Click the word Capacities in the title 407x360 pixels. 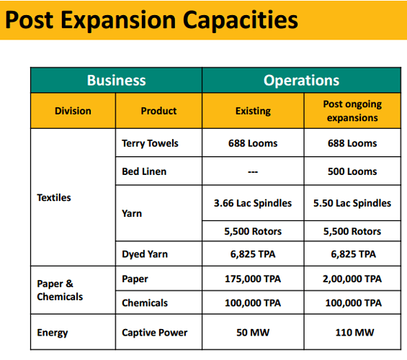[x=240, y=20]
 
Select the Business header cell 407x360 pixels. [x=116, y=80]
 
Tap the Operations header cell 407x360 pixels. [x=301, y=80]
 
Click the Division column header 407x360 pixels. [x=73, y=111]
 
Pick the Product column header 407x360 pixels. [x=158, y=111]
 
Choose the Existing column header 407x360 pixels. [x=253, y=111]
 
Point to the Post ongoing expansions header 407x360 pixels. [x=352, y=111]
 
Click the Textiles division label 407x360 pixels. [x=54, y=197]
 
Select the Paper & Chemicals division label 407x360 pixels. [x=60, y=290]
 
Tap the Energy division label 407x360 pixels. [x=53, y=333]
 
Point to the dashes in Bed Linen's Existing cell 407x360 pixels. [x=253, y=171]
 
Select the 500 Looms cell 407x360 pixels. [x=352, y=171]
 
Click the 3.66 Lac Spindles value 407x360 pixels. [x=253, y=203]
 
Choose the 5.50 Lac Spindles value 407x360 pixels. [x=352, y=203]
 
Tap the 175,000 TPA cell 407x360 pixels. [x=253, y=279]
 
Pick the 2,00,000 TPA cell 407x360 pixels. [x=352, y=279]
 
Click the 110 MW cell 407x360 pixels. [x=354, y=333]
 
